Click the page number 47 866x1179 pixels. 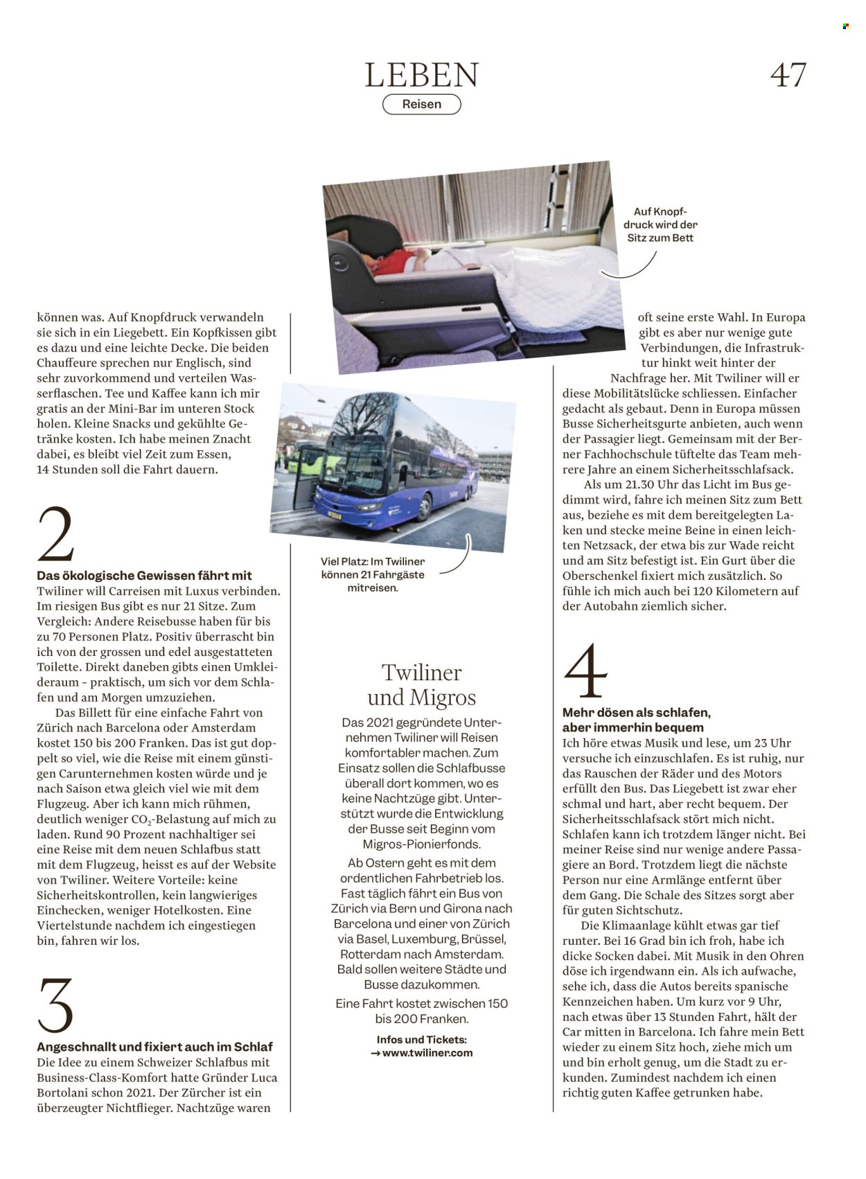pyautogui.click(x=788, y=75)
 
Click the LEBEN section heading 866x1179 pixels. pyautogui.click(x=422, y=75)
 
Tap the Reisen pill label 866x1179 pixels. pyautogui.click(x=422, y=104)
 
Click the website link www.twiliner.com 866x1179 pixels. pyautogui.click(x=427, y=1053)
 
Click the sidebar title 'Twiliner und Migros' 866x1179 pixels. pyautogui.click(x=422, y=685)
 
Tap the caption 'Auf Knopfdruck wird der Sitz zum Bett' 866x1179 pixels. pyautogui.click(x=660, y=224)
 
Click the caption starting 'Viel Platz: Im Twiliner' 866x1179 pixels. pyautogui.click(x=373, y=574)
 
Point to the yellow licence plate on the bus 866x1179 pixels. pyautogui.click(x=335, y=515)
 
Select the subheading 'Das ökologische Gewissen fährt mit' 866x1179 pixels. pyautogui.click(x=144, y=575)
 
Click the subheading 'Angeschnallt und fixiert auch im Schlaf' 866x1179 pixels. pyautogui.click(x=154, y=1047)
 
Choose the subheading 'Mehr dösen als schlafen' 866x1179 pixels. pyautogui.click(x=637, y=713)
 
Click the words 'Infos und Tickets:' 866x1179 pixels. pyautogui.click(x=422, y=1040)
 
